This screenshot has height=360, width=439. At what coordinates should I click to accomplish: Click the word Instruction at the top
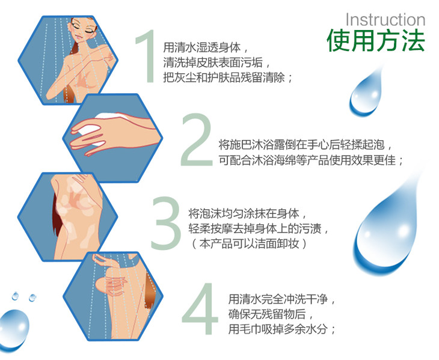(385, 20)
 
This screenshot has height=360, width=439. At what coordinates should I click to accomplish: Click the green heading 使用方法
(376, 40)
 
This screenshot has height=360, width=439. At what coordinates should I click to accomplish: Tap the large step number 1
(146, 56)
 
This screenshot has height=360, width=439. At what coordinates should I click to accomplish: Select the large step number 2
(197, 139)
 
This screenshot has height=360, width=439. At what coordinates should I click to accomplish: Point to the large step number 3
(166, 223)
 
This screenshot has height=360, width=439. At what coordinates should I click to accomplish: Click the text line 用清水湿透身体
(206, 47)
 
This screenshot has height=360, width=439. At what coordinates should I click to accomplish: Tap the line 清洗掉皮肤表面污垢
(216, 63)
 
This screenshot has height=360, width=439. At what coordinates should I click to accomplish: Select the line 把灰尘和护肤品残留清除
(228, 78)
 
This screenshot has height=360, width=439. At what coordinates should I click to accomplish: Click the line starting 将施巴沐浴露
(305, 145)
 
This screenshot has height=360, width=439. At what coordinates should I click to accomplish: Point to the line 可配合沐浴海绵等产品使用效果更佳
(310, 160)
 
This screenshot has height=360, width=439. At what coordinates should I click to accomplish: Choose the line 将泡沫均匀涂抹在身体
(248, 214)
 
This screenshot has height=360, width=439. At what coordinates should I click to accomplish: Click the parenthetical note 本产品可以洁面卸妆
(248, 244)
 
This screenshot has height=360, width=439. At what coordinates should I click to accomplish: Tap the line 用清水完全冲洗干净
(281, 299)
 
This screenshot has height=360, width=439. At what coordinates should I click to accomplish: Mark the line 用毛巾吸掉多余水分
(281, 329)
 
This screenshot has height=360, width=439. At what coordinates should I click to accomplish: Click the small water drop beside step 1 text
(366, 92)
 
